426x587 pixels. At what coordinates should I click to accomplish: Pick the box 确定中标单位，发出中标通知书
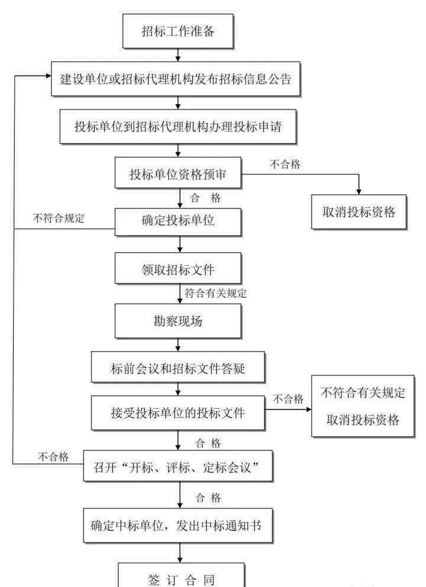pos(177,524)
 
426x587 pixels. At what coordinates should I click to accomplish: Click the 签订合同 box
pos(177,575)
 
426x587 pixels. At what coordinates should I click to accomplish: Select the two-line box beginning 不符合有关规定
pos(363,407)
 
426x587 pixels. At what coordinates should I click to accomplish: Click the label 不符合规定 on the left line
pos(59,218)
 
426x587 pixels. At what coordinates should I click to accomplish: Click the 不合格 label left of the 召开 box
pos(54,456)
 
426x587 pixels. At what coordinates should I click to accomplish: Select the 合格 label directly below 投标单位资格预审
pos(206,198)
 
